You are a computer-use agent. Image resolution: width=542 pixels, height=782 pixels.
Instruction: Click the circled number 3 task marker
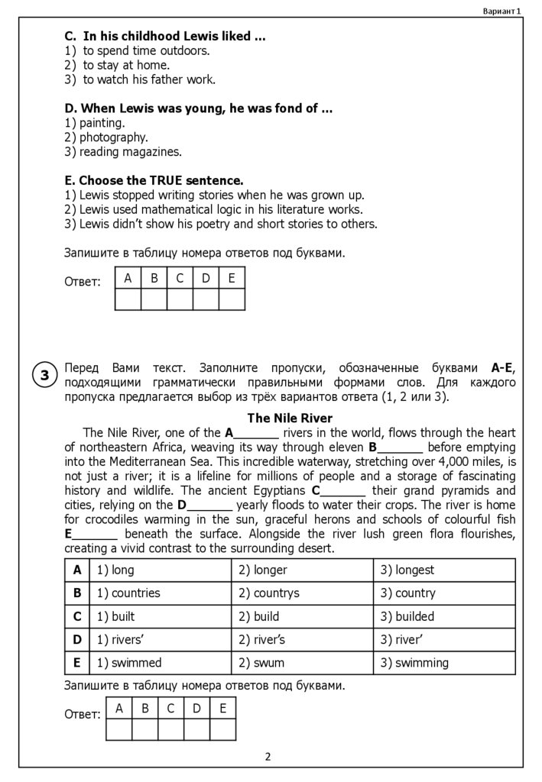click(44, 375)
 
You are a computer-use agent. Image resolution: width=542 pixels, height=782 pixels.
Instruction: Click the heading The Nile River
click(290, 418)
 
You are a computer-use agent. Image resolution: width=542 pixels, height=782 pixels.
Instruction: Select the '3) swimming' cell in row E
click(414, 662)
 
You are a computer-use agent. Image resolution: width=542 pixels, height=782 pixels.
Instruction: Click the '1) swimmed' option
click(125, 662)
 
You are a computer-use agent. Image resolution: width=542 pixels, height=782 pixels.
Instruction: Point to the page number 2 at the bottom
click(268, 757)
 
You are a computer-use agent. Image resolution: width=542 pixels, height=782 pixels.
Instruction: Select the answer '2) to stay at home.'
click(117, 65)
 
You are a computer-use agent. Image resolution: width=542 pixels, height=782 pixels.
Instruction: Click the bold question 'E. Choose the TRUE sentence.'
click(154, 181)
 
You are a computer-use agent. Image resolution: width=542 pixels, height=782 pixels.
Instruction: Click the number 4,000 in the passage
click(414, 461)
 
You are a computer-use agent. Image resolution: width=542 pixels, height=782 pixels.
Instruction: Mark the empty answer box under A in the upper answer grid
click(128, 299)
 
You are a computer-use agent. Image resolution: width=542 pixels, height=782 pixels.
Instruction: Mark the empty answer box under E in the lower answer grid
click(222, 730)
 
